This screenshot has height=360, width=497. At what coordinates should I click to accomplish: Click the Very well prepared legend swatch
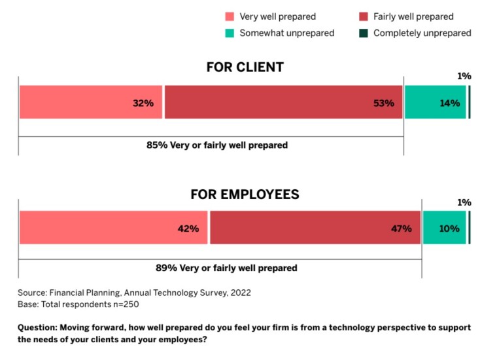click(229, 16)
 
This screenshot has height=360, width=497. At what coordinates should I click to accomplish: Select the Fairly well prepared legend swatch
click(363, 16)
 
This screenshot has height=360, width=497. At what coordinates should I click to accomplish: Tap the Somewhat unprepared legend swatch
click(229, 33)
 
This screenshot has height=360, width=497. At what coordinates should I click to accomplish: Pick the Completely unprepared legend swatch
click(363, 33)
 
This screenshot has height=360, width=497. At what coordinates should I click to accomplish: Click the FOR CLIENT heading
click(245, 67)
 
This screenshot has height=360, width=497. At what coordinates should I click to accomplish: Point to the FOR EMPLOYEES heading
click(245, 194)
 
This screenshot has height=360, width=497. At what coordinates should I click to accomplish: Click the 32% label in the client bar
click(143, 103)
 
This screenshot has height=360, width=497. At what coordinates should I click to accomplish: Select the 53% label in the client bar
click(384, 103)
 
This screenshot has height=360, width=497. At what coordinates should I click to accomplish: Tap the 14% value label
click(449, 103)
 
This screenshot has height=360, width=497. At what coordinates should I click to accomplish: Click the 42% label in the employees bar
click(189, 228)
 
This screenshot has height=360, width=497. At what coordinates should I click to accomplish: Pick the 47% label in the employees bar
click(402, 228)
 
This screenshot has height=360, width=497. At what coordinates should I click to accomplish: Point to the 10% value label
click(449, 228)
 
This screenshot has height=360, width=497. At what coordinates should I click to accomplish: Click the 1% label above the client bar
click(464, 77)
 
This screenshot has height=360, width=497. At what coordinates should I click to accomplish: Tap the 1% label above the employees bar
click(464, 203)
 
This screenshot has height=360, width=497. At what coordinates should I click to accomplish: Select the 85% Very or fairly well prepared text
click(217, 145)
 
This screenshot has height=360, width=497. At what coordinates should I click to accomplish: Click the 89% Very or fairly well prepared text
click(226, 268)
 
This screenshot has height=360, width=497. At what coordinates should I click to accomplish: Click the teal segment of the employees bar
click(444, 228)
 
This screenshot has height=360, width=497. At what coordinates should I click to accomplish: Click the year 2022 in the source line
click(239, 293)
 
